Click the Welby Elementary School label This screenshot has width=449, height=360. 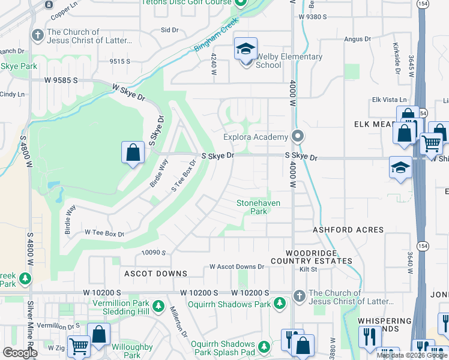[289, 61]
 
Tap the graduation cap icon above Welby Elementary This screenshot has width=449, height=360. [246, 49]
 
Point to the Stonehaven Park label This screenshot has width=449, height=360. [259, 207]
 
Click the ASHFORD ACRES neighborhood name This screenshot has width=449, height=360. [348, 230]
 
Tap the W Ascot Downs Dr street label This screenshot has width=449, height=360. [237, 266]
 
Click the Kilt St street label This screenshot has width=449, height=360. [309, 270]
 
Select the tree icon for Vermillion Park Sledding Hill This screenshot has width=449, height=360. [158, 307]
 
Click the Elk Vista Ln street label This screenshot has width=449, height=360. [390, 100]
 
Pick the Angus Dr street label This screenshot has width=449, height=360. [356, 40]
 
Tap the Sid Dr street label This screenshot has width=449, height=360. [170, 29]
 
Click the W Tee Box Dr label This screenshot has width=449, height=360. [104, 233]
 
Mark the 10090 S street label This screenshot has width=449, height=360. [154, 253]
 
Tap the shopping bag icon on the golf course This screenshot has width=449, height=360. [133, 152]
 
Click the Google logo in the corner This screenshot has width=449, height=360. [20, 353]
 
